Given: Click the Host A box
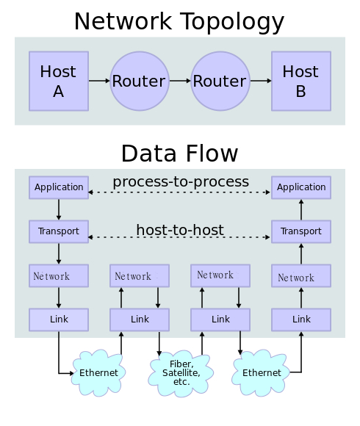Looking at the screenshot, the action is click(59, 81).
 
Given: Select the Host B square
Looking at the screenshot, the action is click(301, 81).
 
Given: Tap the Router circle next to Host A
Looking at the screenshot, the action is click(140, 81).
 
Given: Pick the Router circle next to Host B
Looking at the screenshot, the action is click(220, 81).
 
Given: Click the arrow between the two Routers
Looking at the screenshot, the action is click(180, 81).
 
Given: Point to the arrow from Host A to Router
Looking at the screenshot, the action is click(99, 81).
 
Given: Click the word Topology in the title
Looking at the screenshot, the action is click(232, 22).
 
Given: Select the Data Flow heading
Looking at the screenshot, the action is click(179, 154).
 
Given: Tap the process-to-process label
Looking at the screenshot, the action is click(181, 181).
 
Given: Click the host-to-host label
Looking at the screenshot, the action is click(180, 230).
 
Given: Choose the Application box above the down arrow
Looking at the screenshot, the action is click(59, 187).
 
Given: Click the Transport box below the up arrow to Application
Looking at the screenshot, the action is click(301, 231).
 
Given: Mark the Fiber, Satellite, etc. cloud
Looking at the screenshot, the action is click(181, 373).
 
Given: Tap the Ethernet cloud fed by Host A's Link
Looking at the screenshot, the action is click(98, 373).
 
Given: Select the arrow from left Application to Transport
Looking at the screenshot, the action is click(59, 209).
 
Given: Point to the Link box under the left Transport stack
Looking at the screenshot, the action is click(59, 319).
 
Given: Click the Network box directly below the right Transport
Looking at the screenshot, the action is click(301, 275).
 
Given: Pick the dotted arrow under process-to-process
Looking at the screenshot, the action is click(179, 192).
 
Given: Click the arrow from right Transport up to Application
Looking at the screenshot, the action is click(301, 209).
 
